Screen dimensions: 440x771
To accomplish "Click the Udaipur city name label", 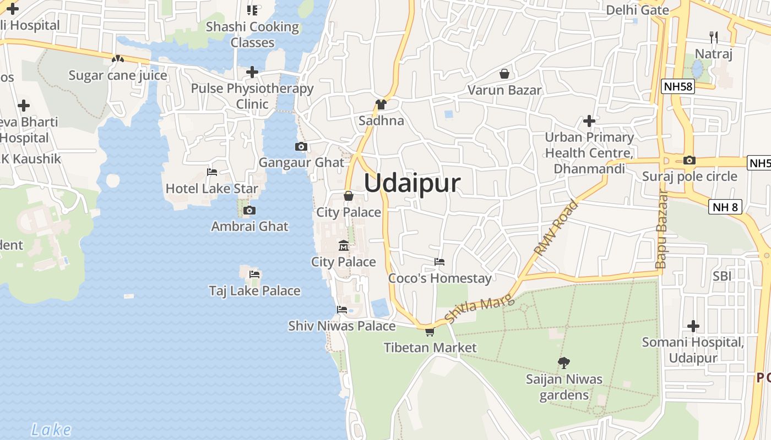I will [412, 183].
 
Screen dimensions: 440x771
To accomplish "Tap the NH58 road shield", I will [678, 86].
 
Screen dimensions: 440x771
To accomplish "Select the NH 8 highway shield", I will [725, 207].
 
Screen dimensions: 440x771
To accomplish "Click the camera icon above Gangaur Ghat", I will [301, 146].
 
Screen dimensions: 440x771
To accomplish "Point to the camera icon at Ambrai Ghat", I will [249, 210].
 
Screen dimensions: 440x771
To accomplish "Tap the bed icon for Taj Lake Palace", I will [254, 274].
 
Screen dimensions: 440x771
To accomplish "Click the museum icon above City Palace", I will [344, 245].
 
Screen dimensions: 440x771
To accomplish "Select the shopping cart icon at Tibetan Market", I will [430, 332].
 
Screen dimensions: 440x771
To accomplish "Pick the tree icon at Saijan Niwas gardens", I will [563, 362].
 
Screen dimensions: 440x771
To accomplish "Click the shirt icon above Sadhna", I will [381, 104].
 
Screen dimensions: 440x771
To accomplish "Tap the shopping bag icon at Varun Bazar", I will [504, 74].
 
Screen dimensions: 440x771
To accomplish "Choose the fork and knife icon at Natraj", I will [714, 37].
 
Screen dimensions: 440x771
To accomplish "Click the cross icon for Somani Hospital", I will [693, 326].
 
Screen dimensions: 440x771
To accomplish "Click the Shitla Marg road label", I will [479, 309].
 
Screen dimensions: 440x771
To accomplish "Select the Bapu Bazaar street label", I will [661, 229].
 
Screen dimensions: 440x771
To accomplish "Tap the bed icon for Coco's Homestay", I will [439, 262].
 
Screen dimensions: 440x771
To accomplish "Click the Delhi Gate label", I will [637, 10].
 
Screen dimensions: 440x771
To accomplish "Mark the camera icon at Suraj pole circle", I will [689, 161].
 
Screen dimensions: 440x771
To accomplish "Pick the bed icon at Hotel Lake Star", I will [212, 172].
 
